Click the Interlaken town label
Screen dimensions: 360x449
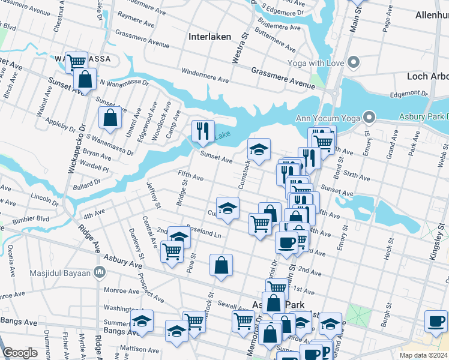209,37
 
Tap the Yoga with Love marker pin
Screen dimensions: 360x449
354,62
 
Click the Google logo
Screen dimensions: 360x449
20,353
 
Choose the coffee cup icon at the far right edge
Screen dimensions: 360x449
435,320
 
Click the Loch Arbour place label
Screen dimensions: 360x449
425,76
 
